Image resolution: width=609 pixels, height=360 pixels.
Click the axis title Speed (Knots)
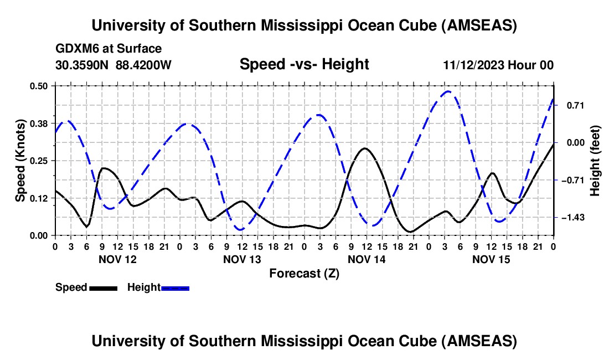20,161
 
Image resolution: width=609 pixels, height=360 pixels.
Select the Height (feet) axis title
595,161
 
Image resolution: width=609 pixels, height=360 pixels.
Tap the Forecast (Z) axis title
304,273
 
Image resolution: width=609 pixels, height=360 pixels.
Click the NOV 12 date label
117,259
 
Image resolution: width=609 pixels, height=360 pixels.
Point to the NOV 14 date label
367,259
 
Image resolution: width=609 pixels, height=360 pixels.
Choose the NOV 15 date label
491,259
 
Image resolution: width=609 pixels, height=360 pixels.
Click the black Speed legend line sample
103,288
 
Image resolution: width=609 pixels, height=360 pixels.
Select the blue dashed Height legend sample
176,288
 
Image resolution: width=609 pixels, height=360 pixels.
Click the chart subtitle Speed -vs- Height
304,64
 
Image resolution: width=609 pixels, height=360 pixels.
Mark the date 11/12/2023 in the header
474,65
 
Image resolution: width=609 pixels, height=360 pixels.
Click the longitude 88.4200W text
143,65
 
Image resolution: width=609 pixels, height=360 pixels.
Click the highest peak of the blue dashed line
448,91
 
